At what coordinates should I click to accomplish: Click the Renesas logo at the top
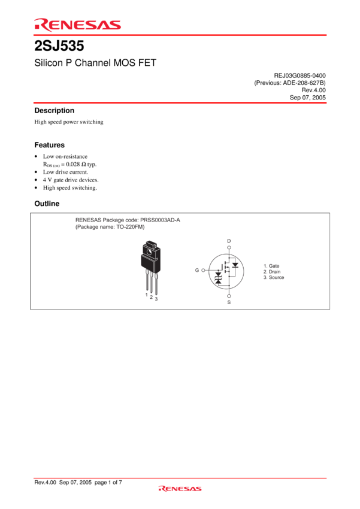tap(78, 25)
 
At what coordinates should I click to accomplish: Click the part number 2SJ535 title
tap(59, 46)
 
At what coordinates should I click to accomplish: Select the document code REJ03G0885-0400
tap(300, 75)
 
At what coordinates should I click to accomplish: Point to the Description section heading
tap(55, 110)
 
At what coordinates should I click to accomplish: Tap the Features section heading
tap(49, 145)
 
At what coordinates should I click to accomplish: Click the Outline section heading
tap(47, 204)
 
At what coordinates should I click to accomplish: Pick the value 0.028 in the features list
tap(72, 164)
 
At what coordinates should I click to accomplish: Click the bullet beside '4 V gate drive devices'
tap(36, 180)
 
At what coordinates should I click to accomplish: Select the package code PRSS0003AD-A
tap(160, 220)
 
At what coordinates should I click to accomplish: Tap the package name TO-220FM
tap(130, 227)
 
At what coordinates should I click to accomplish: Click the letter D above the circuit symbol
tap(229, 241)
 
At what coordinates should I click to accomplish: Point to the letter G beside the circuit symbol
tap(196, 270)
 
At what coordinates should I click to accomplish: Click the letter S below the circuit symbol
tap(229, 302)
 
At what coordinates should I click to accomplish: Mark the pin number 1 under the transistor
tap(146, 295)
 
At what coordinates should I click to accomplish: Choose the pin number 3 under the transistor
tap(156, 299)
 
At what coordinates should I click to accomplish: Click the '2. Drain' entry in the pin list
tap(272, 272)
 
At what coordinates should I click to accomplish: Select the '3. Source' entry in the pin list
tap(274, 277)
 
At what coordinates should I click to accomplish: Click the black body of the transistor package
tap(150, 263)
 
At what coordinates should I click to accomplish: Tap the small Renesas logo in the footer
tap(180, 489)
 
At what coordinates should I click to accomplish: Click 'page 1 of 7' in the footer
tap(108, 483)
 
